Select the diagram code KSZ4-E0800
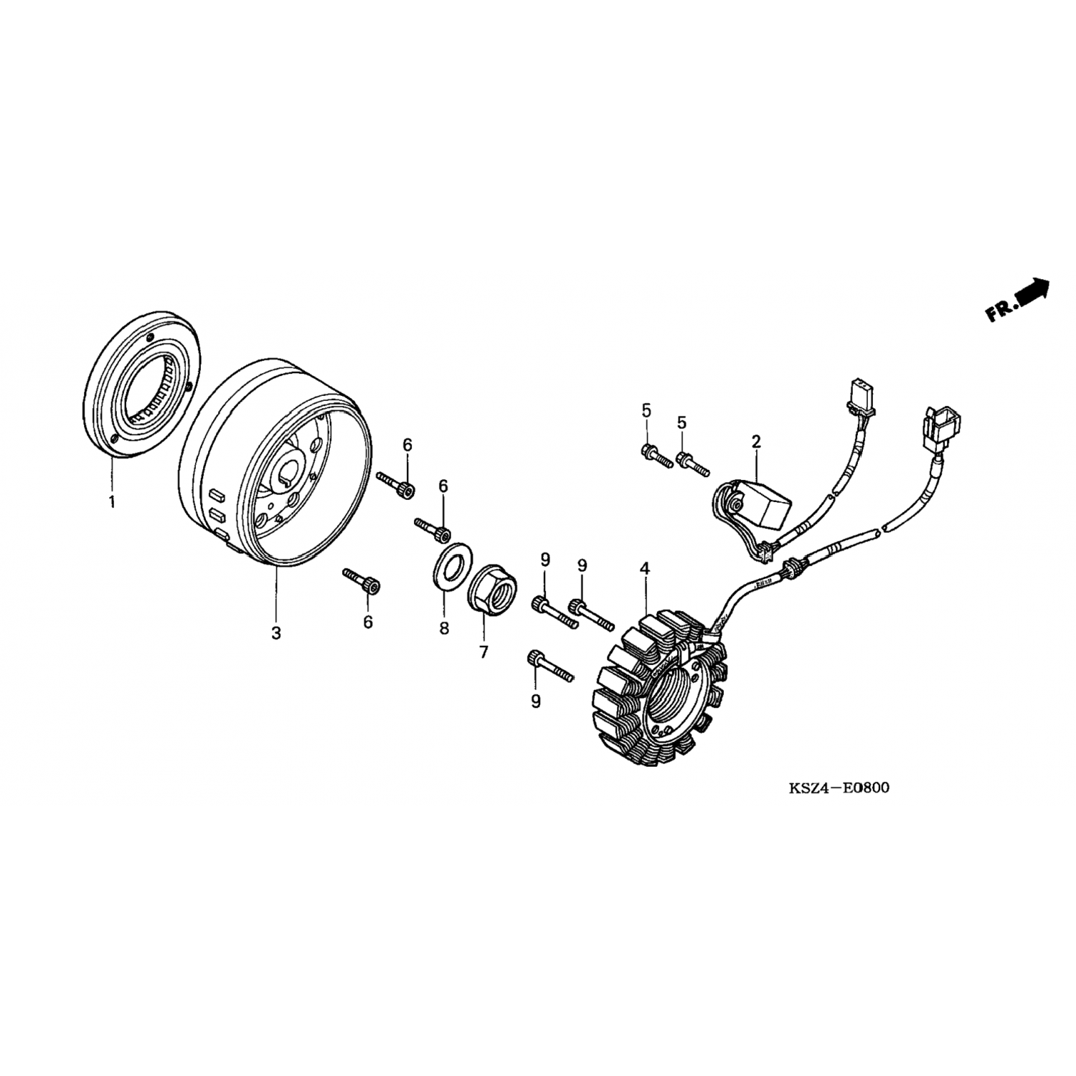pos(839,788)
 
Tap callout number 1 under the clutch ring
pos(112,503)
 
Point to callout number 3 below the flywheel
pos(276,633)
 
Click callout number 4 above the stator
pos(645,569)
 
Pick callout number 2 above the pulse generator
pos(756,441)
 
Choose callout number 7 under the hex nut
pos(483,652)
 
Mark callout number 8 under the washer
pos(444,628)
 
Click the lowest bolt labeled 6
pos(362,580)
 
